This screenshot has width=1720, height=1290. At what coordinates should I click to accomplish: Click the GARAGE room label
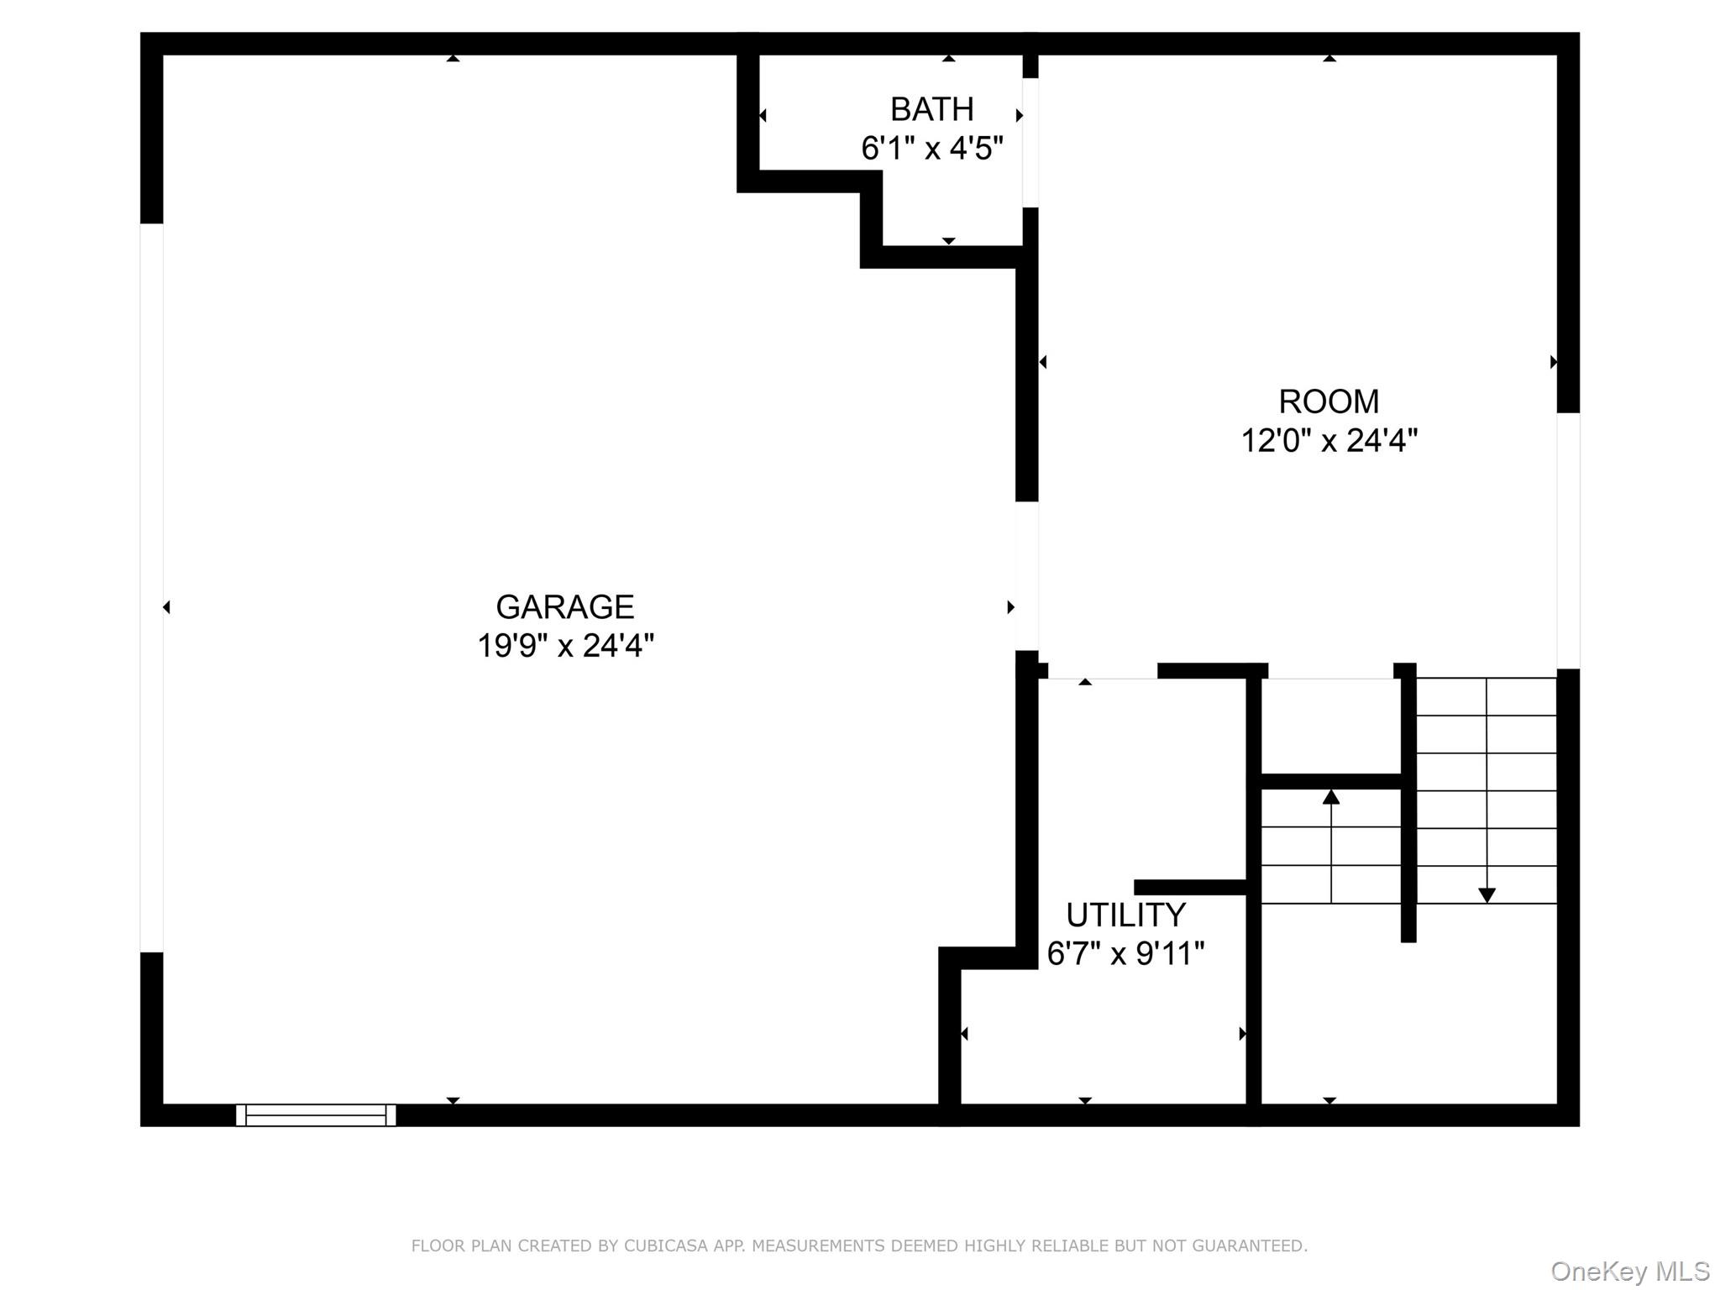pos(564,606)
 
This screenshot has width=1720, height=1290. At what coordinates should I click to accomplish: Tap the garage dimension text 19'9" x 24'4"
pos(565,646)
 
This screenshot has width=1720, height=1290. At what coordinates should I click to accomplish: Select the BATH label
pos(931,109)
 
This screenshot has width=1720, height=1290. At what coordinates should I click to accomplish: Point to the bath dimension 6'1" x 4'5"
pos(931,149)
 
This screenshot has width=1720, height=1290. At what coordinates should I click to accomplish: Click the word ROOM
pos(1328,401)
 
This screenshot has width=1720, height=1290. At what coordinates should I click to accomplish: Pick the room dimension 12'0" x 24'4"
pos(1329,440)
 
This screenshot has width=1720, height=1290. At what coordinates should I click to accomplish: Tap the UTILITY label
pos(1125,915)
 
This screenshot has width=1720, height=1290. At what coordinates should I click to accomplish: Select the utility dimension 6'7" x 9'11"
pos(1125,953)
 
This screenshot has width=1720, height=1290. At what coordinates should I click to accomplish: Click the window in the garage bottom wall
pos(316,1114)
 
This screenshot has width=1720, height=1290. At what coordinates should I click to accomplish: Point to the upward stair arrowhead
pos(1331,796)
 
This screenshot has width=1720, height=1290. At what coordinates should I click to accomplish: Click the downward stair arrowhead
pos(1487,895)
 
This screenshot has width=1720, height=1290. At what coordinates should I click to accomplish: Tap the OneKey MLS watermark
pos(1629,1272)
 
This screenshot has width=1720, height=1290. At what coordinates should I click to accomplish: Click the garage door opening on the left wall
pos(151,588)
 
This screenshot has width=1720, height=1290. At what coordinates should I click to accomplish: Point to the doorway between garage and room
pos(1026,576)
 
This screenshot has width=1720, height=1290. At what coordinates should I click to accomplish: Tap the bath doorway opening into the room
pos(1030,143)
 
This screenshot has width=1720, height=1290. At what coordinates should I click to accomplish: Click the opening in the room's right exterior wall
pos(1568,541)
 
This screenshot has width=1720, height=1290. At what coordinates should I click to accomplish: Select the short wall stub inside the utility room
pos(1189,887)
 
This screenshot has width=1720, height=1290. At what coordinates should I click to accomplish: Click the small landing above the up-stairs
pos(1331,726)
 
